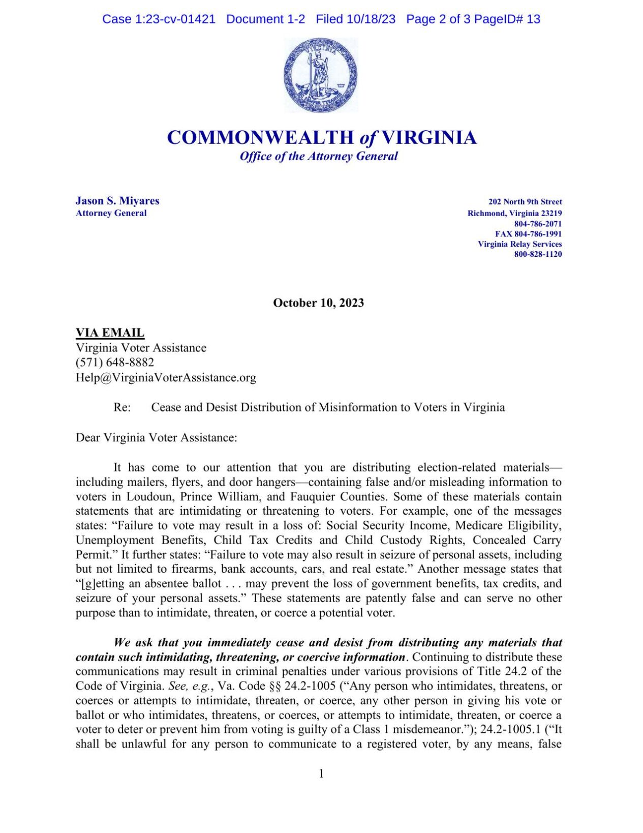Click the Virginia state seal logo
[321, 75]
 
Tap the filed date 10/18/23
[371, 19]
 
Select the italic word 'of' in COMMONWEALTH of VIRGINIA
[368, 138]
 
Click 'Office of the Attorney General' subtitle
[319, 156]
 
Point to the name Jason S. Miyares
[117, 201]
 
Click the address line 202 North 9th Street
[525, 202]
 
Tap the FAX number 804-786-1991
[529, 234]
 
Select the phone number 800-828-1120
[538, 254]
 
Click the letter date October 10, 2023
[319, 303]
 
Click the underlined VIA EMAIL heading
[110, 333]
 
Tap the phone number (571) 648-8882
[115, 362]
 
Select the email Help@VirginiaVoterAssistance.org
[166, 377]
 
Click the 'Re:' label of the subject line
[122, 407]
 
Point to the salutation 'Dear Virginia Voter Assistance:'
[157, 437]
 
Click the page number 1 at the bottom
[321, 773]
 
